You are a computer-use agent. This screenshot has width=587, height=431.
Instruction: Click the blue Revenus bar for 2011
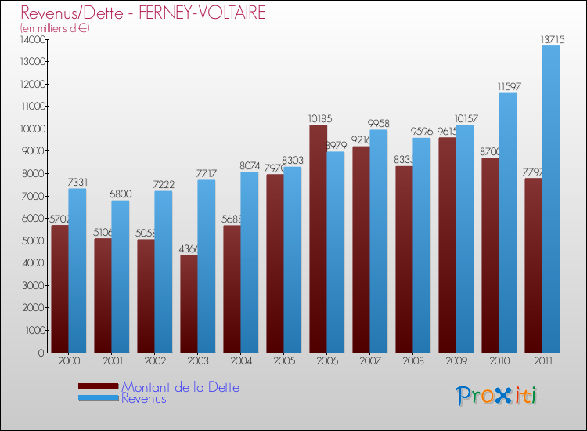point(551,199)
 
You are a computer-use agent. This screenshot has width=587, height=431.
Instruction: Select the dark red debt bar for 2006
point(318,239)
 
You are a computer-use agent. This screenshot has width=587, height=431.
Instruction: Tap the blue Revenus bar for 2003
point(206,266)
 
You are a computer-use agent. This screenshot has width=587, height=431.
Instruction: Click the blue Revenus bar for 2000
point(77,270)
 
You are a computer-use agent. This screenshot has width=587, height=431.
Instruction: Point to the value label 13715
point(550,39)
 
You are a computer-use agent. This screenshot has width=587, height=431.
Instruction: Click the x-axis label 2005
point(283,362)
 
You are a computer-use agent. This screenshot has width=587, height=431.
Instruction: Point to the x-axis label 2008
point(412,362)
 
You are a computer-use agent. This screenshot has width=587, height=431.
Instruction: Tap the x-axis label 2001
point(111,362)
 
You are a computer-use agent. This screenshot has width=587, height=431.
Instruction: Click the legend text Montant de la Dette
point(180,387)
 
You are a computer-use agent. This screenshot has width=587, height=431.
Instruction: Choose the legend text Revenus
point(144,398)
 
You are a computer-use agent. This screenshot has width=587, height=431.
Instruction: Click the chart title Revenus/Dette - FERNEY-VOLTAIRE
point(143,13)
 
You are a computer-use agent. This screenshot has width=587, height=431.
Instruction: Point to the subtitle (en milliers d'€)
point(55,28)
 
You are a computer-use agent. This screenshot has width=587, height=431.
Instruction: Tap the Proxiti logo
point(496,396)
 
